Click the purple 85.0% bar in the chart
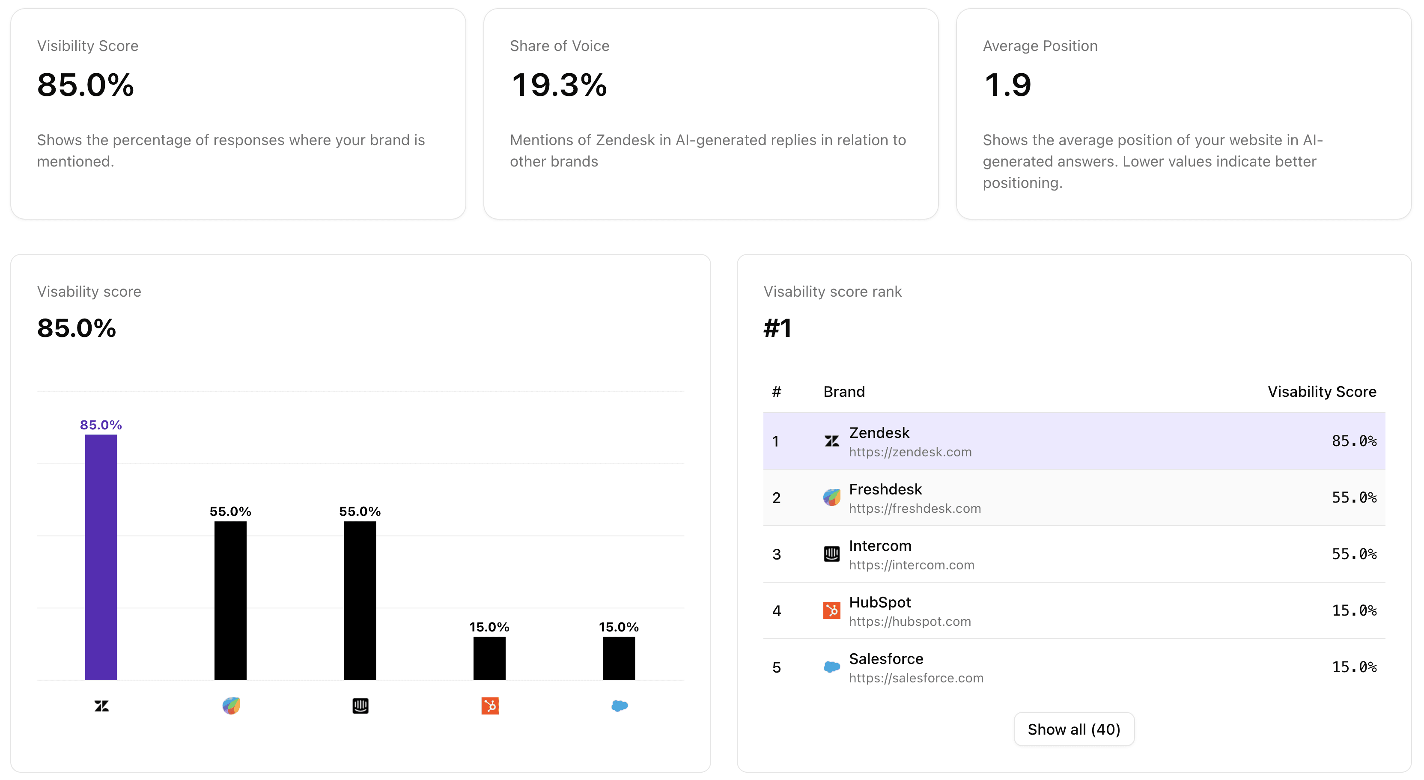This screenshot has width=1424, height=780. [x=101, y=557]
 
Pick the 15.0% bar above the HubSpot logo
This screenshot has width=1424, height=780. [x=489, y=658]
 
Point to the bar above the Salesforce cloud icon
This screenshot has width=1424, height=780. [x=619, y=658]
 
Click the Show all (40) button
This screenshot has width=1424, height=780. [x=1073, y=729]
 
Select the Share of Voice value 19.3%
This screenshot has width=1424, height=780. [x=558, y=85]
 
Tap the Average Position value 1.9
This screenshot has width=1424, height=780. [x=1007, y=85]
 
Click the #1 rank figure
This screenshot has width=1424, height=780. [x=777, y=328]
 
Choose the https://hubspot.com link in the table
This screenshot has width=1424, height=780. [x=909, y=621]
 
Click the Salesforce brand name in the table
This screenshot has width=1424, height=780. [x=885, y=658]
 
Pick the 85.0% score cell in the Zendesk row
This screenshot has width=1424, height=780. [x=1353, y=441]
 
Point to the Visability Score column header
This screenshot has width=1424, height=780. [x=1321, y=392]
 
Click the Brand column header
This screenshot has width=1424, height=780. [x=843, y=392]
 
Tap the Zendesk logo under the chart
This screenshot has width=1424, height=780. [x=101, y=706]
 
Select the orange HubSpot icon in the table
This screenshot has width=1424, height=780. [x=831, y=610]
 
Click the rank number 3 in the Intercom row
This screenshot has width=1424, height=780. [x=776, y=554]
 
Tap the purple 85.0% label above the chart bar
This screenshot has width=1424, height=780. [x=101, y=425]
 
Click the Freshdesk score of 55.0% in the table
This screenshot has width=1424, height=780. [x=1353, y=497]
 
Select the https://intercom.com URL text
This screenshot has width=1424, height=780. [x=911, y=565]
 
